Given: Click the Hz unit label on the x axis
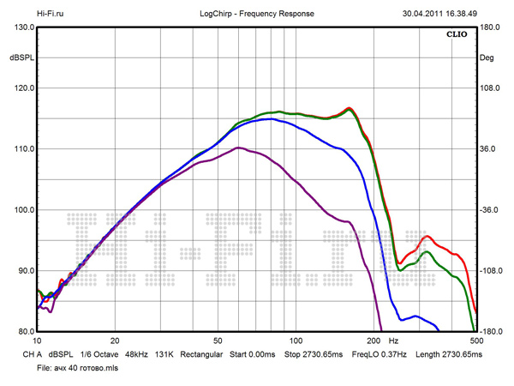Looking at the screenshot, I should [394, 341].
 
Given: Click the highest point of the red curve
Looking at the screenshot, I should [349, 108].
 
